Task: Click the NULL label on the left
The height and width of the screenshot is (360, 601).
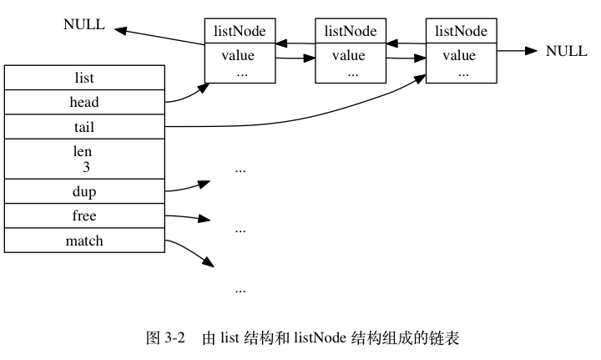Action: coord(84,24)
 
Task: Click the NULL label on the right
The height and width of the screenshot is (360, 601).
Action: coord(566,51)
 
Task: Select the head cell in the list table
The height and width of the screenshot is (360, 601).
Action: coord(84,102)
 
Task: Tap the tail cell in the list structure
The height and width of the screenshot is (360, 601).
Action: coord(84,126)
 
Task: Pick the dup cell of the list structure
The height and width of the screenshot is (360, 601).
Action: coord(84,191)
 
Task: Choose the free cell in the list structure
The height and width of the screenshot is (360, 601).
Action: coord(84,215)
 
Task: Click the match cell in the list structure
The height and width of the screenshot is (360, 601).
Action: coord(84,241)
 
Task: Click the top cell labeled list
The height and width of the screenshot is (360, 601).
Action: coord(84,78)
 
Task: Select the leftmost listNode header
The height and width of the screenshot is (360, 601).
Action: coord(240,31)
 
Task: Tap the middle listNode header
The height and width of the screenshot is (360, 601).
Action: coord(351,31)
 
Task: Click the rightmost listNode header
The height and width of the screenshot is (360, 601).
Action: coord(461,31)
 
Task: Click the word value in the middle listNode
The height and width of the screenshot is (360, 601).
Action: coord(349,56)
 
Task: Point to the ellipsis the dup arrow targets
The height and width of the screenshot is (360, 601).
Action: coord(240,170)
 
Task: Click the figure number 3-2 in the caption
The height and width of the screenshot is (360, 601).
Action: coord(174,338)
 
